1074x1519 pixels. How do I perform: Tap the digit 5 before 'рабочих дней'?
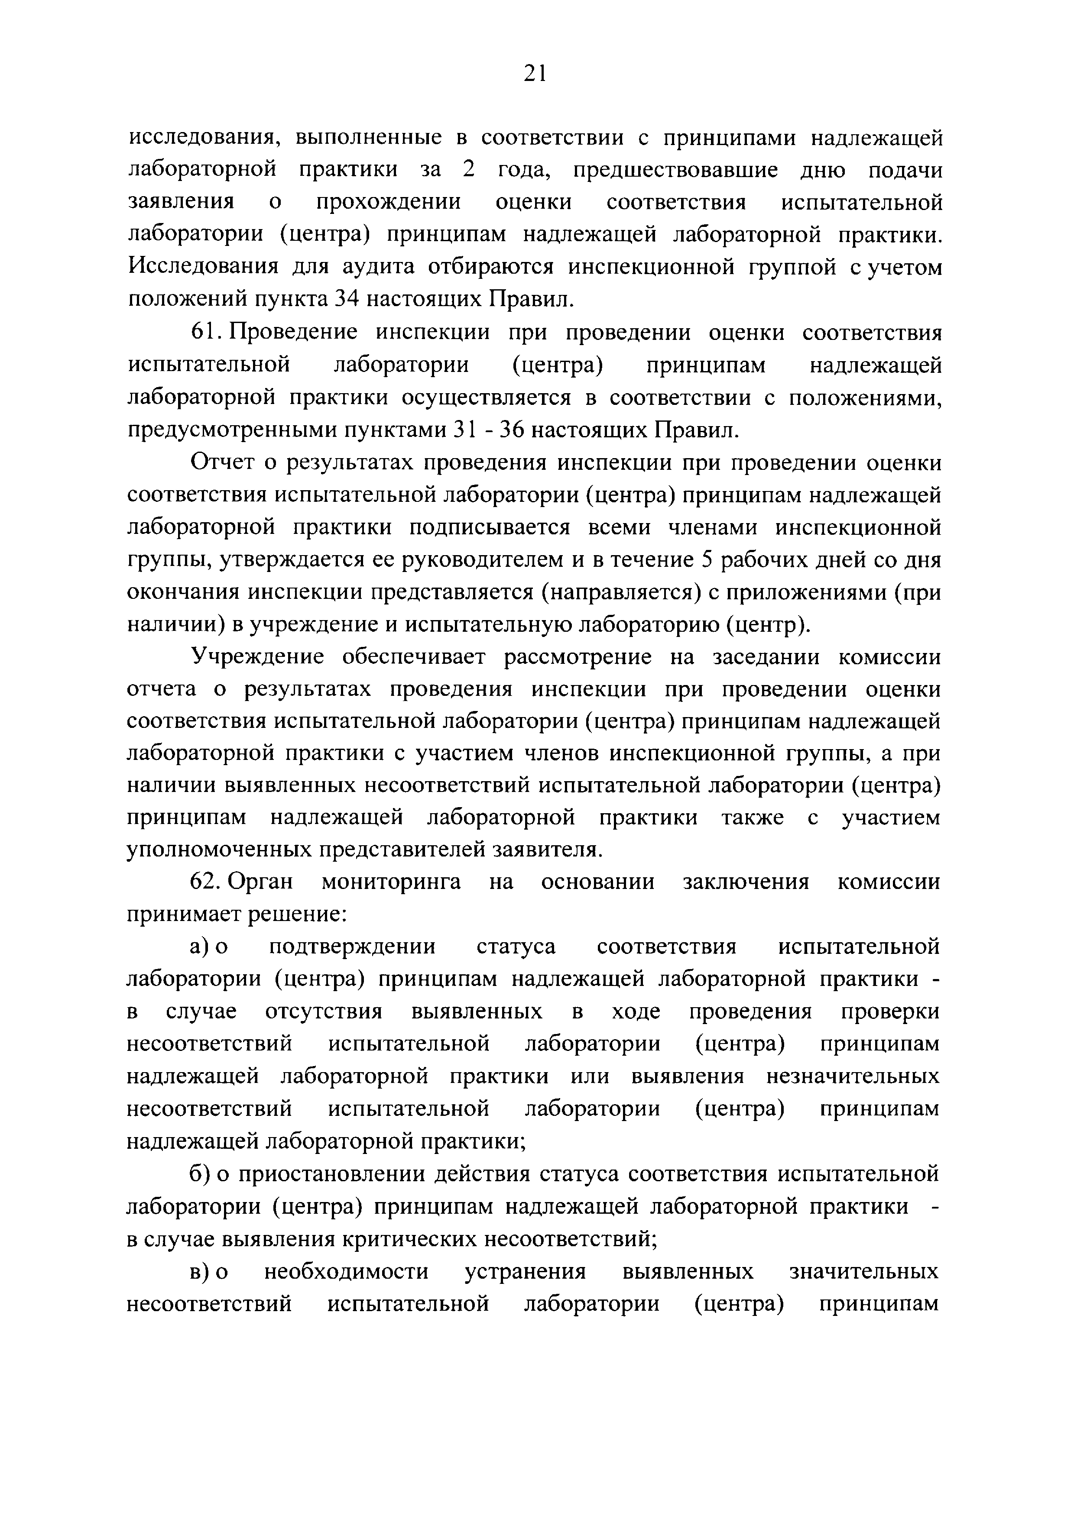pyautogui.click(x=707, y=560)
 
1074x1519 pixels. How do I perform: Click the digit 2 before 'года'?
pyautogui.click(x=468, y=170)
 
